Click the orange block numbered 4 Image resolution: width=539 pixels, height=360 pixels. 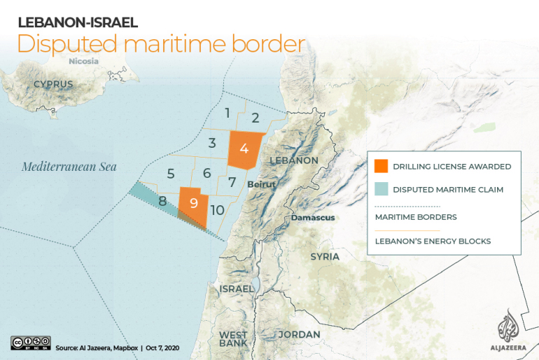point(244,148)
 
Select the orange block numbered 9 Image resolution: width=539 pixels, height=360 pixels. point(193,204)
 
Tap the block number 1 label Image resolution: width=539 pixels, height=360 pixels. point(227,112)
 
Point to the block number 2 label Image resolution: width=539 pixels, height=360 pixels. point(255,118)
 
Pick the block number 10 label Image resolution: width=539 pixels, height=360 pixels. point(217,209)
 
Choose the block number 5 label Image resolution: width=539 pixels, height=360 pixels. point(171,173)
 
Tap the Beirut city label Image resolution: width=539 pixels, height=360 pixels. point(261,184)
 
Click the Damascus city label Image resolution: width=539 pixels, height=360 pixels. point(312,217)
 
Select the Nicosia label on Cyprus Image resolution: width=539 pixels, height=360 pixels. point(84,61)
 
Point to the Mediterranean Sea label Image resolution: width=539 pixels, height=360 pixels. point(69,167)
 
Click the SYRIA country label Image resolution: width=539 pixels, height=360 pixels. point(325,256)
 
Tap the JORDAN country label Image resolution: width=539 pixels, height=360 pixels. point(299,334)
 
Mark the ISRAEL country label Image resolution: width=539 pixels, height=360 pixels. point(236,289)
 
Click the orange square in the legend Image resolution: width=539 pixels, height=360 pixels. point(381,167)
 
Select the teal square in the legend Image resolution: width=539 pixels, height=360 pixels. point(381,189)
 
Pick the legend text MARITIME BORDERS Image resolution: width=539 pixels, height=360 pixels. point(416,217)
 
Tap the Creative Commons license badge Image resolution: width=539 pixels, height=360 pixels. point(30,342)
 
